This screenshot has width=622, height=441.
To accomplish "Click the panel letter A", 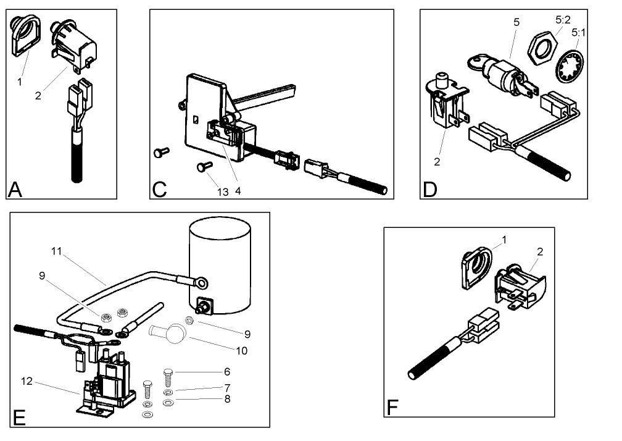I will point(15,188).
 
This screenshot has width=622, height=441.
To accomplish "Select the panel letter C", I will point(160,188).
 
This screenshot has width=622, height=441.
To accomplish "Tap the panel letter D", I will point(430,188).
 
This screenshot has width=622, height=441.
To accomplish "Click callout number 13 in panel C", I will point(223,192).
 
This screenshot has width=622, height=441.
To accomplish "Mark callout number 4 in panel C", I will point(238,191).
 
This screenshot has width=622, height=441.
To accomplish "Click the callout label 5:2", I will point(562,19).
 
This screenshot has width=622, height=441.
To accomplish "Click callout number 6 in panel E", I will point(227,372).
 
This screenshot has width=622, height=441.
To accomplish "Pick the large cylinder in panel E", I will point(221,266).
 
